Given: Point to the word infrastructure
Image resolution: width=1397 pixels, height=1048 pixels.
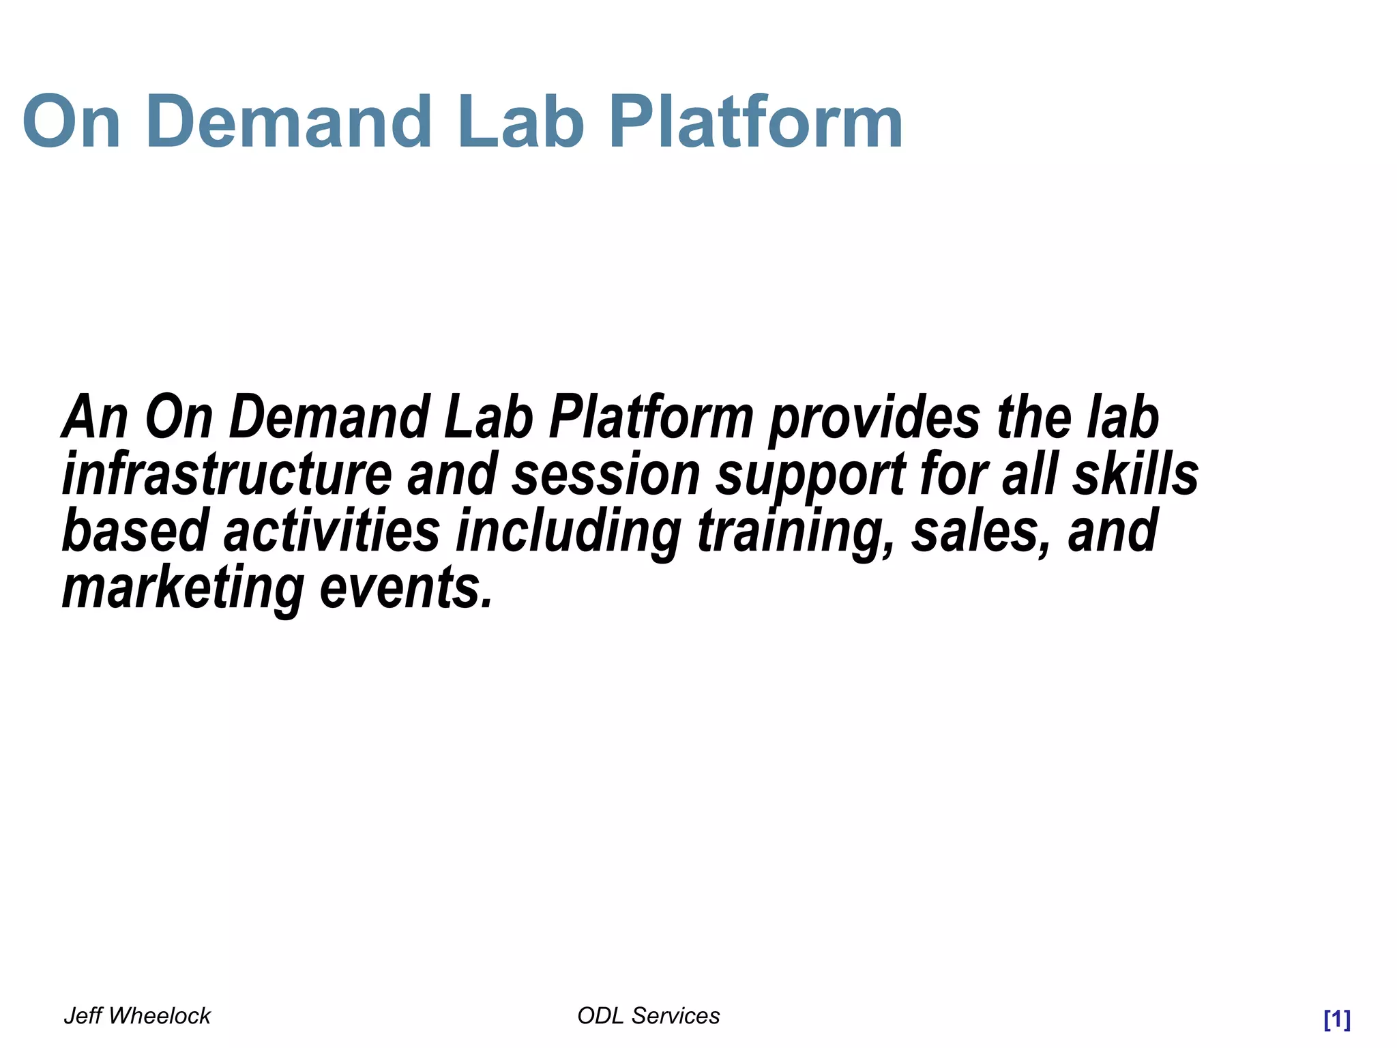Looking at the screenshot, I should pyautogui.click(x=226, y=474).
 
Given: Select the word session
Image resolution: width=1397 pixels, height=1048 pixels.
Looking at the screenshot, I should pyautogui.click(x=606, y=474).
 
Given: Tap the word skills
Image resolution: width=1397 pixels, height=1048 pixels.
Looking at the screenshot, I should pyautogui.click(x=1135, y=474).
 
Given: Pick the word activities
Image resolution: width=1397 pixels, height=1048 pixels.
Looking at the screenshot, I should pyautogui.click(x=332, y=532).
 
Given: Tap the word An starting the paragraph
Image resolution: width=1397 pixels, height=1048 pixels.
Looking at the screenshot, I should pyautogui.click(x=95, y=418).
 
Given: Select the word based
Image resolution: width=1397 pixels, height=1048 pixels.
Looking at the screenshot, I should pyautogui.click(x=135, y=532).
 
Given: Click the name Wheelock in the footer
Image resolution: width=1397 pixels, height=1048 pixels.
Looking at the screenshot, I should pyautogui.click(x=160, y=1016).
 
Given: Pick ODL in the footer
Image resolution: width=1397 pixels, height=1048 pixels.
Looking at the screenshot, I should pyautogui.click(x=600, y=1016).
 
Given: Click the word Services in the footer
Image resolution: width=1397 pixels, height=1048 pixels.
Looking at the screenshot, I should pyautogui.click(x=675, y=1016).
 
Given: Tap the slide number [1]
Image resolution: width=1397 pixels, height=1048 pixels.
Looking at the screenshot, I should pyautogui.click(x=1336, y=1019).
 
